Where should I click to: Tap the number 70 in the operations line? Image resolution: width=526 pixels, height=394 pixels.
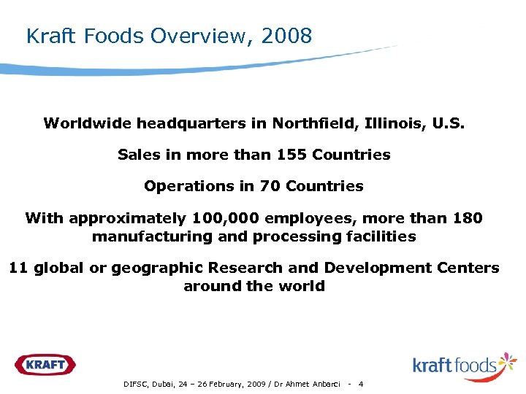pos(271,186)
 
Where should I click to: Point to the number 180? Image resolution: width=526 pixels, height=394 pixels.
pos(468,218)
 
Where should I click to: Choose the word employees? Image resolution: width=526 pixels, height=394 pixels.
pos(302,219)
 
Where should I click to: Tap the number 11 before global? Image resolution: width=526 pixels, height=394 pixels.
pos(18,268)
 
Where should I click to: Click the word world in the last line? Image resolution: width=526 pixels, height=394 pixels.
pos(305,286)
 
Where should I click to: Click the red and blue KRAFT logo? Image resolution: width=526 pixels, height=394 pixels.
pos(45,364)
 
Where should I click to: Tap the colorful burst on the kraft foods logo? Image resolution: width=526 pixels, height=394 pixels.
pos(506,363)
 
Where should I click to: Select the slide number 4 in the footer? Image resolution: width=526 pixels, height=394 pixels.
pos(361,385)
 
